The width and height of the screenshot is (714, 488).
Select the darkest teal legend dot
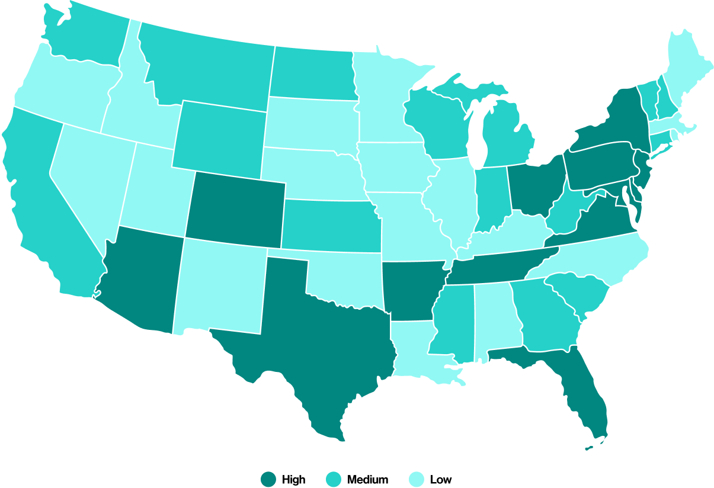(268, 479)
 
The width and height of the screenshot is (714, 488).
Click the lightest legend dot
(417, 479)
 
